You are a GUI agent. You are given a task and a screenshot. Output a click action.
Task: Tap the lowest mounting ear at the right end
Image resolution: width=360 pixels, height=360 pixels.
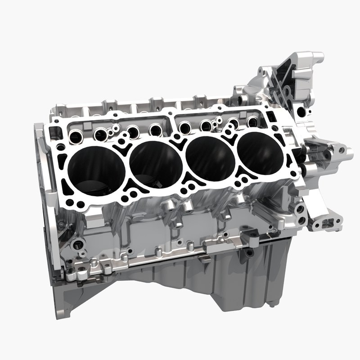click(325, 224)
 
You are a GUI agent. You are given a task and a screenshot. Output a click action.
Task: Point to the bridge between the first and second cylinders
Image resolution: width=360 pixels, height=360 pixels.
click(126, 166)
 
